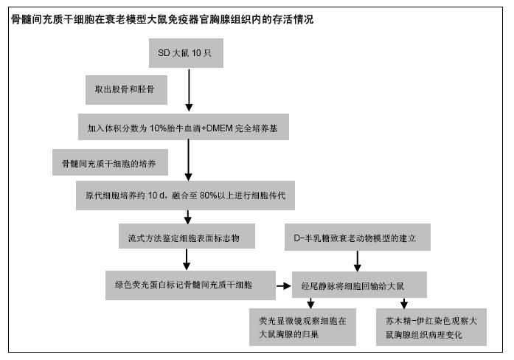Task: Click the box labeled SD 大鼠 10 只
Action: pyautogui.click(x=186, y=53)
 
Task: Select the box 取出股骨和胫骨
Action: pyautogui.click(x=127, y=90)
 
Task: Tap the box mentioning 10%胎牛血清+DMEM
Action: pyautogui.click(x=184, y=127)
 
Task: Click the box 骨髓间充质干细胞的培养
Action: pyautogui.click(x=110, y=162)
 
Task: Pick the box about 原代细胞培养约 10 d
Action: pyautogui.click(x=186, y=195)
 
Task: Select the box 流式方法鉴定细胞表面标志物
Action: pyautogui.click(x=187, y=236)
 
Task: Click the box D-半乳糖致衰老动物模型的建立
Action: pyautogui.click(x=358, y=237)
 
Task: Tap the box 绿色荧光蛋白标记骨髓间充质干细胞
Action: pyautogui.click(x=190, y=285)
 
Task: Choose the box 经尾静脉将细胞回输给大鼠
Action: pyautogui.click(x=359, y=285)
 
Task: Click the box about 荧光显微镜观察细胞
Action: pyautogui.click(x=302, y=327)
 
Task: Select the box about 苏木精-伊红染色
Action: pyautogui.click(x=431, y=327)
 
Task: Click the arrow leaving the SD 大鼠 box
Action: pyautogui.click(x=189, y=90)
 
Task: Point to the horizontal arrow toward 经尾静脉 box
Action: pyautogui.click(x=284, y=286)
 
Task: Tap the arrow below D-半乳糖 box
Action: pyautogui.click(x=358, y=261)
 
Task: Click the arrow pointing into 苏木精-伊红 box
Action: pyautogui.click(x=404, y=303)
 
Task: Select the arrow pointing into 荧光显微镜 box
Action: pyautogui.click(x=310, y=303)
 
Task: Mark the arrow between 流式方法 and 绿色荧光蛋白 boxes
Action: pyautogui.click(x=187, y=260)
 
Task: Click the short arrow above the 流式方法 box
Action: pyautogui.click(x=188, y=217)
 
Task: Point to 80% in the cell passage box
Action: pyautogui.click(x=209, y=195)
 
